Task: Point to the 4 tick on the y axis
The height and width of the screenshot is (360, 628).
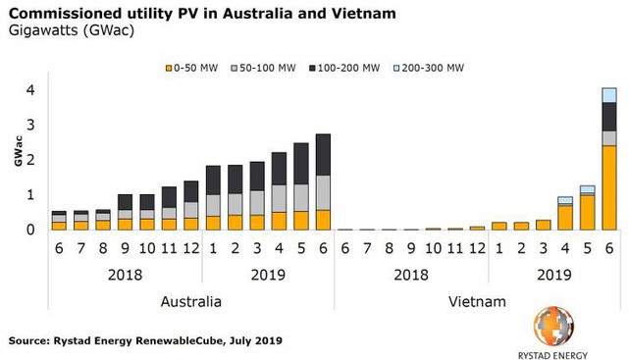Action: [x=30, y=90]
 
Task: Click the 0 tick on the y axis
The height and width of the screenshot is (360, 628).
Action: [x=30, y=230]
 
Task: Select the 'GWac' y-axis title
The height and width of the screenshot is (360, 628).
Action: [x=17, y=160]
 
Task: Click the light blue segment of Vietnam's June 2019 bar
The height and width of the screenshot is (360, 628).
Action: [x=609, y=95]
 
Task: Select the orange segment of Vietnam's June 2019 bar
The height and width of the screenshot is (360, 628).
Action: [x=609, y=187]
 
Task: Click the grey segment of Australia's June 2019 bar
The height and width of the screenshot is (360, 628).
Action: [x=323, y=193]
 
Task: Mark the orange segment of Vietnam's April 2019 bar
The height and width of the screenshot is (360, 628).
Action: [x=565, y=217]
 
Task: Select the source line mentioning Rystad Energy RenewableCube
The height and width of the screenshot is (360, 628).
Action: [x=146, y=340]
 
